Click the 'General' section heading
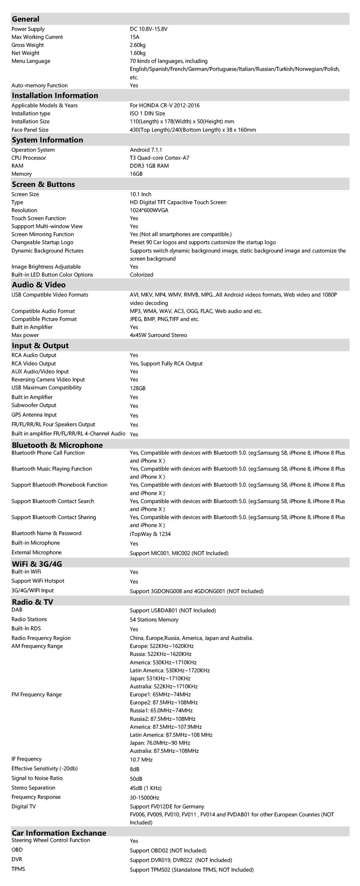point(26,19)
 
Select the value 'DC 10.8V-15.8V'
point(148,29)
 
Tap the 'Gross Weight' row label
point(28,45)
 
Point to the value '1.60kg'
point(138,53)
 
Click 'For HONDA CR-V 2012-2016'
point(164,105)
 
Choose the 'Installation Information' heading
point(55,95)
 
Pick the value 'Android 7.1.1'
point(146,150)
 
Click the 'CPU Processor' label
point(29,158)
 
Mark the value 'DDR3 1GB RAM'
point(149,166)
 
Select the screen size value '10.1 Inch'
point(140,194)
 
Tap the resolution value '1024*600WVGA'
point(149,210)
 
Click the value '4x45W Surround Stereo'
point(158,335)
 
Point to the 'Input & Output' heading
point(40,345)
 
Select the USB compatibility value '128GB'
point(138,388)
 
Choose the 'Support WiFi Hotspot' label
point(38,581)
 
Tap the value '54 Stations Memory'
point(154,619)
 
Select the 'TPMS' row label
point(18,869)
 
